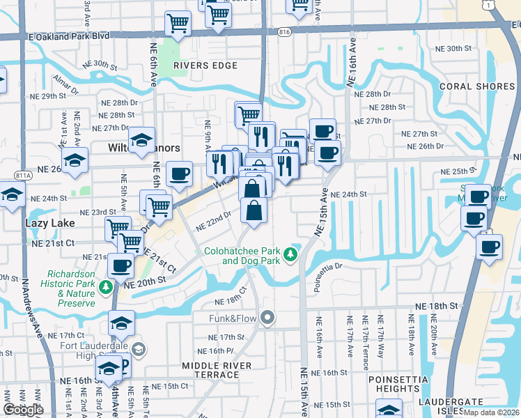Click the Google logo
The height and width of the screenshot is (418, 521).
coord(23,410)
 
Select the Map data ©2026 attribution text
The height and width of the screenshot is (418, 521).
coord(491,412)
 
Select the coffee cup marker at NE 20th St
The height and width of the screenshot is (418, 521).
coord(121,266)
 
